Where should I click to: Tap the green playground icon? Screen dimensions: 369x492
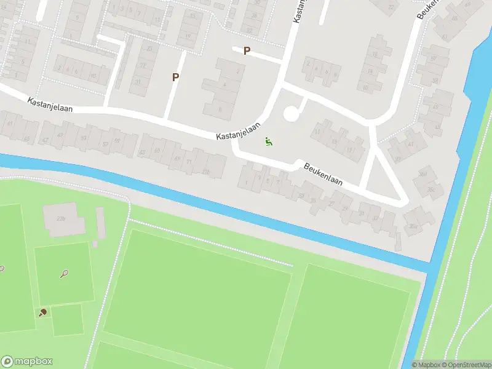tap(269, 142)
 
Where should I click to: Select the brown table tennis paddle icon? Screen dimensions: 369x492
tap(42, 312)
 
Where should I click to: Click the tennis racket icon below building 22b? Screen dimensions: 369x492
tap(64, 273)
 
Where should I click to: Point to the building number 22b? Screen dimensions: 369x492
tap(60, 218)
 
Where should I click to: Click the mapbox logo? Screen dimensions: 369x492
tap(27, 362)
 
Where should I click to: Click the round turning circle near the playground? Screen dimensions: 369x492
tap(291, 114)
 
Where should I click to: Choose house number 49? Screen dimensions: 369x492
tap(60, 135)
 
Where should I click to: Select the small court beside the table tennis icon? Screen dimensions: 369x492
tap(67, 320)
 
